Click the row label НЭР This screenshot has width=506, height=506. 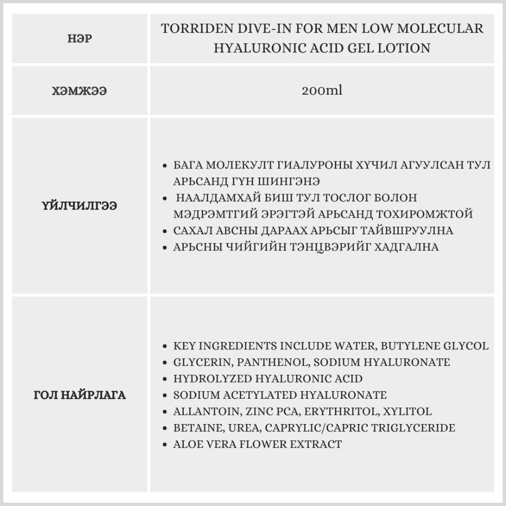pyautogui.click(x=79, y=39)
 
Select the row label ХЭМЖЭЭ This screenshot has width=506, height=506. pyautogui.click(x=79, y=91)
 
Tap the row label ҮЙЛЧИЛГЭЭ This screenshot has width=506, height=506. pyautogui.click(x=79, y=206)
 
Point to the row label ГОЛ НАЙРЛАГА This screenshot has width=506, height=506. pyautogui.click(x=79, y=395)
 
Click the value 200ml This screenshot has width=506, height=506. pyautogui.click(x=322, y=91)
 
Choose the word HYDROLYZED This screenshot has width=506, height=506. pyautogui.click(x=213, y=378)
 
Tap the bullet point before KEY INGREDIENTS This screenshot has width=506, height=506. pyautogui.click(x=165, y=347)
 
